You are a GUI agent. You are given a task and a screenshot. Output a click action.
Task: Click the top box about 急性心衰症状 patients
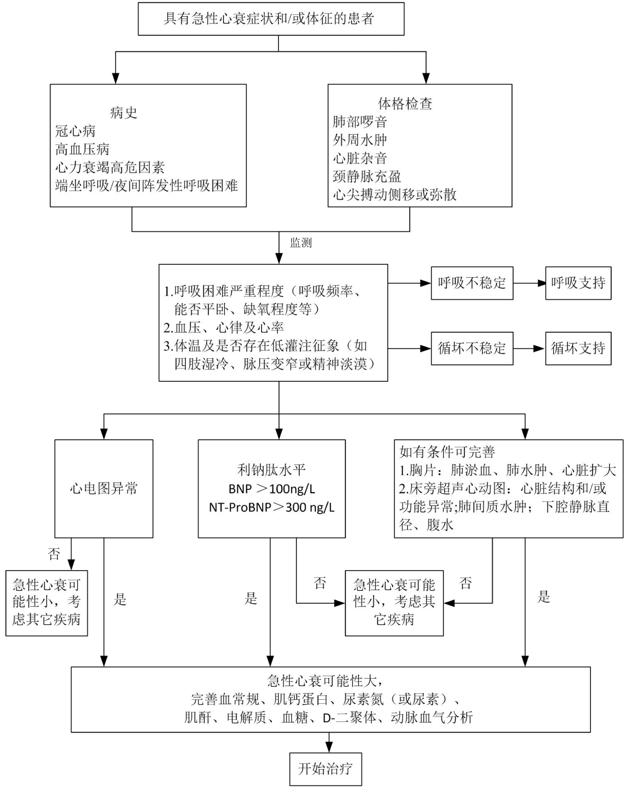point(271,19)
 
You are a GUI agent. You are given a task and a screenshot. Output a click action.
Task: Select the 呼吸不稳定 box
point(471,283)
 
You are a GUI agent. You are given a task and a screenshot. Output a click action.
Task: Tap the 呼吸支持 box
point(578,283)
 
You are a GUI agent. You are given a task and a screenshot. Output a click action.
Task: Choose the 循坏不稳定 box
point(471,348)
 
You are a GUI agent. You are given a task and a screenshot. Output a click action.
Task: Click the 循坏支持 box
point(578,348)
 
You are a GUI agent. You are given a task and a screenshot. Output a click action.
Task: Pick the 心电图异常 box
point(103,489)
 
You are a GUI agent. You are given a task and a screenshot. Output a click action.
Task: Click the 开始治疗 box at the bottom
point(325,769)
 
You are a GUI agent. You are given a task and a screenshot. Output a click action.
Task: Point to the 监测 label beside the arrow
point(301,243)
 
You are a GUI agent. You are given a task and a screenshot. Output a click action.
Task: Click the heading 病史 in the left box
point(124,113)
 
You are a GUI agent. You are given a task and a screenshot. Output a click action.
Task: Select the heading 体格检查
point(405,104)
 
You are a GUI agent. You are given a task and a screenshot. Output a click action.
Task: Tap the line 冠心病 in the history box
point(75,131)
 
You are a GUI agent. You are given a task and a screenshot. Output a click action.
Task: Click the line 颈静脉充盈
point(367,176)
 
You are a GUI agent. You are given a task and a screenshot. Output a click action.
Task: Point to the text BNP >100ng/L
point(272,489)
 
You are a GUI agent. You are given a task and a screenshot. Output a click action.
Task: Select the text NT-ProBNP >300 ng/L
point(272,507)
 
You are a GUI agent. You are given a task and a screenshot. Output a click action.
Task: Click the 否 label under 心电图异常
point(54,554)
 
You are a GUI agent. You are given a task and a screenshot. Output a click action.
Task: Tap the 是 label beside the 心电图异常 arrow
point(120,600)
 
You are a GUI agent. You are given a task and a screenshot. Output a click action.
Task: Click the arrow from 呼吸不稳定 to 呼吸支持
point(529,283)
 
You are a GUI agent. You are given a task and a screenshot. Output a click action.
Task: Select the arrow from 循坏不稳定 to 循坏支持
point(529,348)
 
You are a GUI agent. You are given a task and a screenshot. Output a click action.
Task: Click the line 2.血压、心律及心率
point(224,328)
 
